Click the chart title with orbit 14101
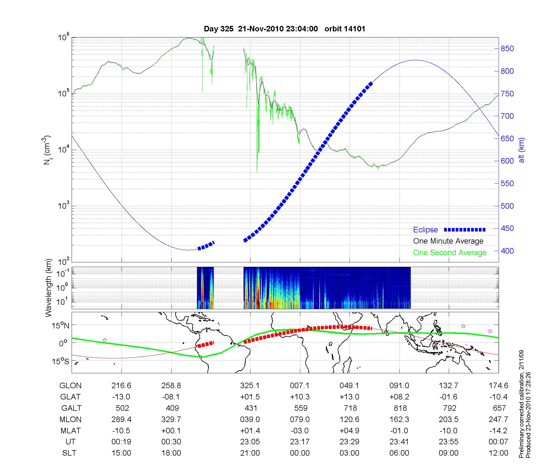pos(284,29)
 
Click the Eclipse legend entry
pos(425,230)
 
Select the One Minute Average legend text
pos(448,241)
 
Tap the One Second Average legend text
pos(450,253)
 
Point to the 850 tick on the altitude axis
pos(507,49)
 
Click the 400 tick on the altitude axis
pos(507,251)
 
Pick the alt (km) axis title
pos(522,150)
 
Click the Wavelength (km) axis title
pos(48,288)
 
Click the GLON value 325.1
pos(250,385)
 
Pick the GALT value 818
pos(400,408)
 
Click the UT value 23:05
pos(250,442)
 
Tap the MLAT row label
pos(71,431)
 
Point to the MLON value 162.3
pos(399,419)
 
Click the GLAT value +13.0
pos(349,397)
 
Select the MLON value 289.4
pos(121,419)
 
